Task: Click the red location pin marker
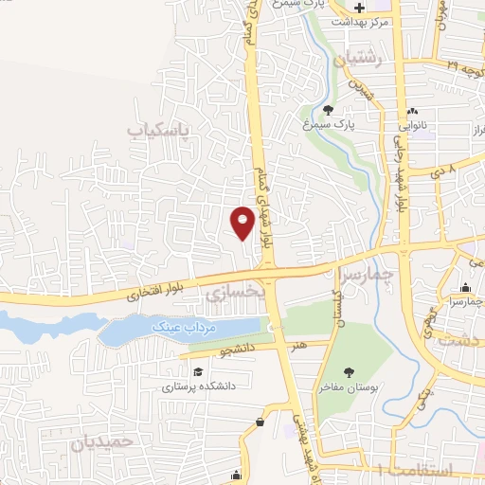point(242,222)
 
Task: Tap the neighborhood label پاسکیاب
point(159,126)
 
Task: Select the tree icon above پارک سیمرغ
point(329,109)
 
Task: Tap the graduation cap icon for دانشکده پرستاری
point(198,371)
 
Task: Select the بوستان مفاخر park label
point(348,389)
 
